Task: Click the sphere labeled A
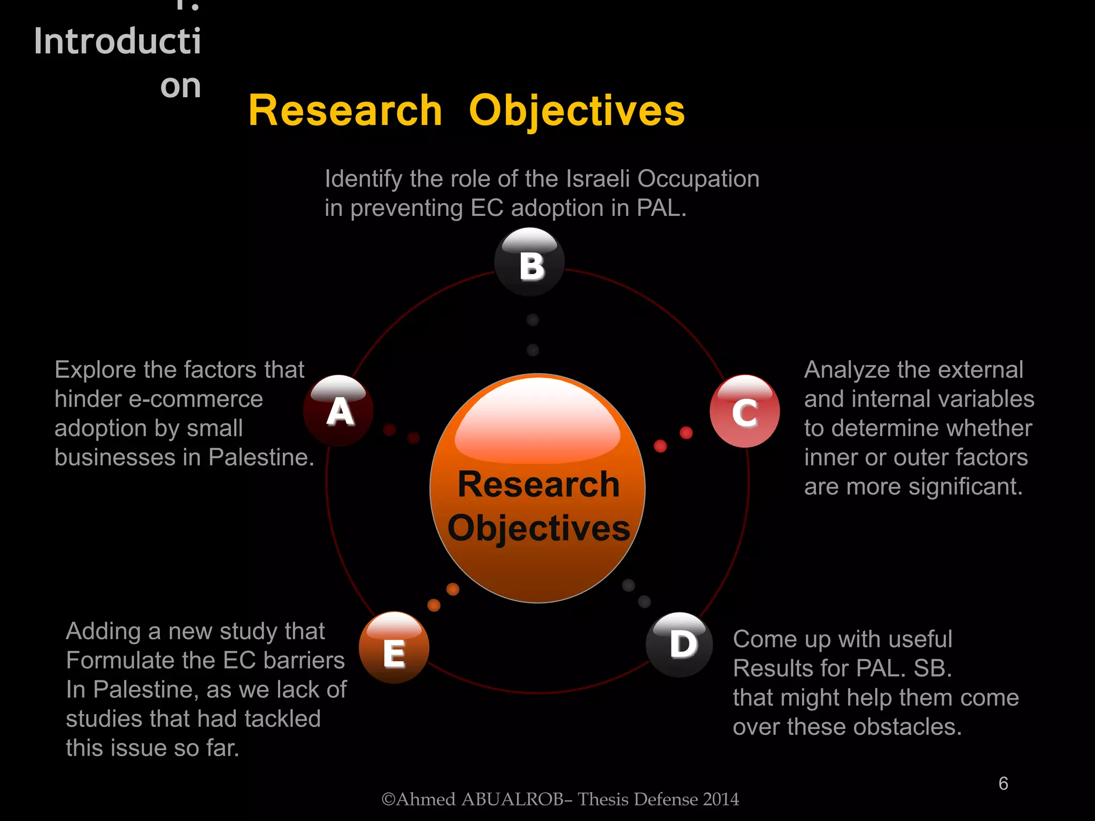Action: click(x=338, y=410)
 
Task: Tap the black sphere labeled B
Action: click(x=529, y=262)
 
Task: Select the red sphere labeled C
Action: click(x=745, y=411)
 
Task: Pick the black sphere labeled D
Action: click(x=680, y=645)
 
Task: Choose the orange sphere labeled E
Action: click(x=394, y=648)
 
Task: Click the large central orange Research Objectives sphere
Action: click(x=538, y=488)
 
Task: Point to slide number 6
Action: click(x=1003, y=784)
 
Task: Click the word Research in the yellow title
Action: click(x=345, y=111)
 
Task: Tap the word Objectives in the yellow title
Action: click(x=577, y=112)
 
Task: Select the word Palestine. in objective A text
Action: click(x=261, y=458)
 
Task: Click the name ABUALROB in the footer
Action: click(x=512, y=800)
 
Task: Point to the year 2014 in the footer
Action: click(x=721, y=800)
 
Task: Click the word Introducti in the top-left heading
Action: click(x=118, y=41)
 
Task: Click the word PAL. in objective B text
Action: click(x=661, y=208)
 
